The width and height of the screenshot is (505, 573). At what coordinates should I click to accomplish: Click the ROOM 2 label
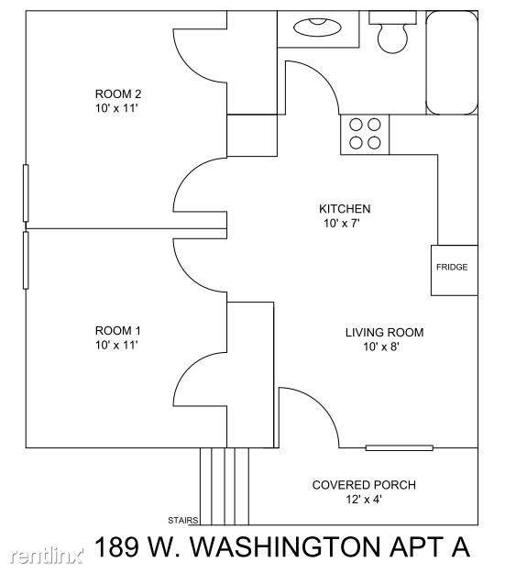pyautogui.click(x=118, y=94)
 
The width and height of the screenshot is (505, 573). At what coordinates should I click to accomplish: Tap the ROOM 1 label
pyautogui.click(x=117, y=331)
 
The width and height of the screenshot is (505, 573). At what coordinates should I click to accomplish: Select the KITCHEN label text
pyautogui.click(x=345, y=209)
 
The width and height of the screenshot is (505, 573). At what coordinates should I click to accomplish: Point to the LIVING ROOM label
pyautogui.click(x=384, y=333)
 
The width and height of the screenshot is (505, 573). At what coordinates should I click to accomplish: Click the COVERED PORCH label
pyautogui.click(x=364, y=485)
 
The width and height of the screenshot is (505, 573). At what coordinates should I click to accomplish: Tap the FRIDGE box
pyautogui.click(x=455, y=270)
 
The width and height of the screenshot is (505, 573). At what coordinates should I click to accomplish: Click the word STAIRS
pyautogui.click(x=183, y=520)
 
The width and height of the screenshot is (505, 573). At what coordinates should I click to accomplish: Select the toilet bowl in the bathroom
pyautogui.click(x=392, y=38)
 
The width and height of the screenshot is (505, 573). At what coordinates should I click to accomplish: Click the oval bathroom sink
pyautogui.click(x=317, y=28)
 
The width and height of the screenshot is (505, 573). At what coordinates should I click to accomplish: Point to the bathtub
pyautogui.click(x=452, y=62)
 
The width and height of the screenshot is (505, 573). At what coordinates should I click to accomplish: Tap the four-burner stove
pyautogui.click(x=365, y=134)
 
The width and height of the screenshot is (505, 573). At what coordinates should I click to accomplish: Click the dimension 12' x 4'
pyautogui.click(x=364, y=499)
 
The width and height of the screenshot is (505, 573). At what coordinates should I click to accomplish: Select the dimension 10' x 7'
pyautogui.click(x=342, y=223)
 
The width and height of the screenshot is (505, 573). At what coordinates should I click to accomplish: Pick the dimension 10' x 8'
pyautogui.click(x=380, y=347)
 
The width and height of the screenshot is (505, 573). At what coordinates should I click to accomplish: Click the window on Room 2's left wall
pyautogui.click(x=26, y=193)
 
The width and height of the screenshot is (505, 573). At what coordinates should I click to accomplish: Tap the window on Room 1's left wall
pyautogui.click(x=26, y=260)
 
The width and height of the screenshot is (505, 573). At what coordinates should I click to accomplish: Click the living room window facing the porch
pyautogui.click(x=400, y=447)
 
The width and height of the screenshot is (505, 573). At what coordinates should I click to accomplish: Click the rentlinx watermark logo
pyautogui.click(x=47, y=556)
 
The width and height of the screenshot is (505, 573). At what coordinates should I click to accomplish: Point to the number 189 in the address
pyautogui.click(x=117, y=546)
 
